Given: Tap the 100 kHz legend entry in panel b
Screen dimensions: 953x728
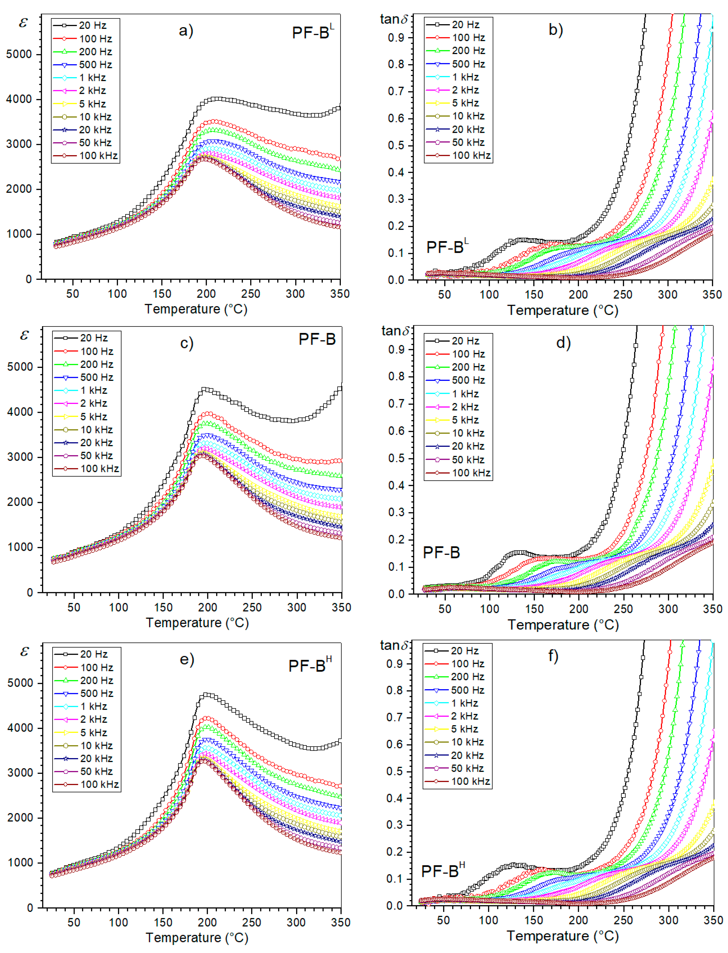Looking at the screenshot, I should point(458,155).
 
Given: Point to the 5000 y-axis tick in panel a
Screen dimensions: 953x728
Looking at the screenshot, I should point(19,55).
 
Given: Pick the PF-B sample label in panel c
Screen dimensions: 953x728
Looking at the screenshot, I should point(317,339).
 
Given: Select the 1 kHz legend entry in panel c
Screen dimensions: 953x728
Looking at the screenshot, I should point(87,390).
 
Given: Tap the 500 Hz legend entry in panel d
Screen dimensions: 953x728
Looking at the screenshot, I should point(458,380).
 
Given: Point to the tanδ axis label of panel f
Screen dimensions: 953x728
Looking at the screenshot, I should point(394,645).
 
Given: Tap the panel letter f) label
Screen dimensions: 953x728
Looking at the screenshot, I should point(553,656).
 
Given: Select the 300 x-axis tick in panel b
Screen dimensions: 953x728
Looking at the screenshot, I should point(667,295).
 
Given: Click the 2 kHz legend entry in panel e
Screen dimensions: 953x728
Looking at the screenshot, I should point(87,719).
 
